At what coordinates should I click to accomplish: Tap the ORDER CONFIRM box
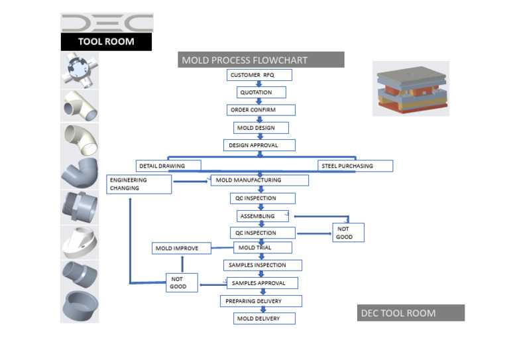[260, 110]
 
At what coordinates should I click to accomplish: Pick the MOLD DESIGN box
[262, 128]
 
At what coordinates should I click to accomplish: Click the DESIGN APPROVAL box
[259, 145]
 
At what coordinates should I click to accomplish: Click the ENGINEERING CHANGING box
[139, 184]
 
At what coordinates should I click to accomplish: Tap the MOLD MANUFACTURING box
[259, 180]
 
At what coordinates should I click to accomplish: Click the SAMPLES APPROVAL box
[262, 283]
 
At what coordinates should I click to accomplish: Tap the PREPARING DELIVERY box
[261, 301]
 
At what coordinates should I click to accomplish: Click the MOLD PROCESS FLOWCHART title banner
[260, 60]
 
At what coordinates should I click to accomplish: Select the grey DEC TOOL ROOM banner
[410, 313]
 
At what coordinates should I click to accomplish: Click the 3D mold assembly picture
[410, 89]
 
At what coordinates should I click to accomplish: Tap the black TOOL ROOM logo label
[106, 42]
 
